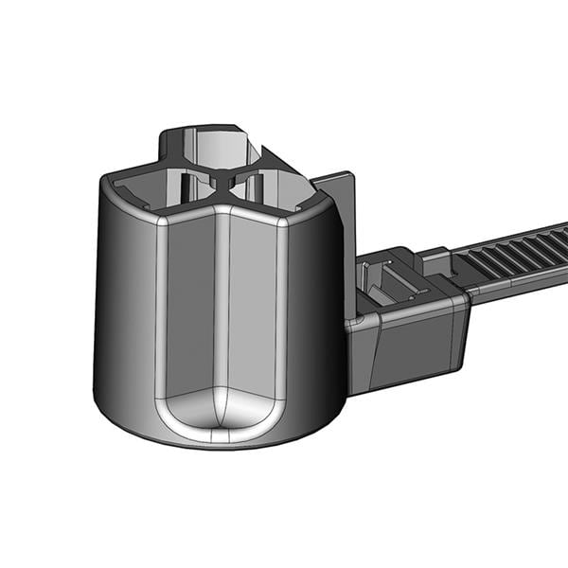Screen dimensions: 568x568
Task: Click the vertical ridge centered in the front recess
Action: pos(220,312)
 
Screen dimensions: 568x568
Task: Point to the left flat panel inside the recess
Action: pos(189,303)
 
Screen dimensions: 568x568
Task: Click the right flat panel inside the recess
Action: pos(254,303)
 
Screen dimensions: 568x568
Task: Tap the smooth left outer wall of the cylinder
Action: pos(123,303)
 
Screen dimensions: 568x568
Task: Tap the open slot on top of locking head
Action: pos(388,284)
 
